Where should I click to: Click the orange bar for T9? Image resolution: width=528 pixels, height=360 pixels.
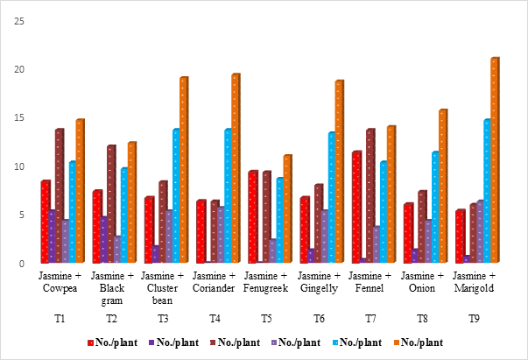coord(495,160)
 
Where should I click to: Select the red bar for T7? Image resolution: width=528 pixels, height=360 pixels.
coord(356,208)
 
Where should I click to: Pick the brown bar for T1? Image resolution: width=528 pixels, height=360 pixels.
coord(60,196)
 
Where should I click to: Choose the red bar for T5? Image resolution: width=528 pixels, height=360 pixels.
coord(253,217)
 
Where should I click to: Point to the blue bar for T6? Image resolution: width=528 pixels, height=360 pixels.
coord(332,198)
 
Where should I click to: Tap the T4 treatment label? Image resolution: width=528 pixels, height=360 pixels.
coord(215,320)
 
